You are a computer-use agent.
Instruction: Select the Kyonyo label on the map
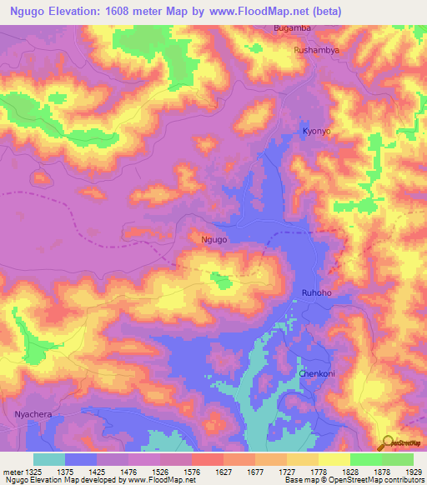coord(316,132)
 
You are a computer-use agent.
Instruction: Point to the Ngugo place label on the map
coord(214,239)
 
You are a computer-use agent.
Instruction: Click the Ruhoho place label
coord(316,292)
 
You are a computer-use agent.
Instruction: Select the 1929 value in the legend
coord(413,470)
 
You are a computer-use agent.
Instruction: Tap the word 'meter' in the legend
coord(10,470)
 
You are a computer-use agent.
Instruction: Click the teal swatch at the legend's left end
coord(49,459)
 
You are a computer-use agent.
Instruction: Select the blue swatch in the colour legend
coord(81,459)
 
